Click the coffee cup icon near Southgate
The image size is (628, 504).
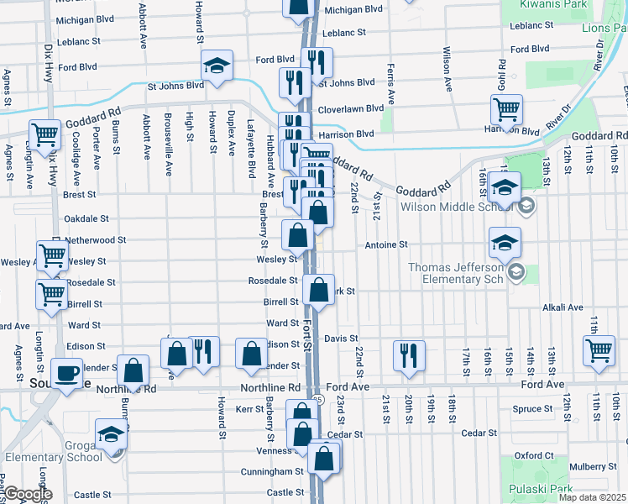click(66, 372)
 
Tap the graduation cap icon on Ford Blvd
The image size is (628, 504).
click(217, 66)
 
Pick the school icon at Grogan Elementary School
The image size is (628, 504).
click(111, 433)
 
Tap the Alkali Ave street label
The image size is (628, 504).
click(563, 307)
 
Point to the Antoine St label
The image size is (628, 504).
click(385, 245)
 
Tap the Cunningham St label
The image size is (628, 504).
click(275, 472)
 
